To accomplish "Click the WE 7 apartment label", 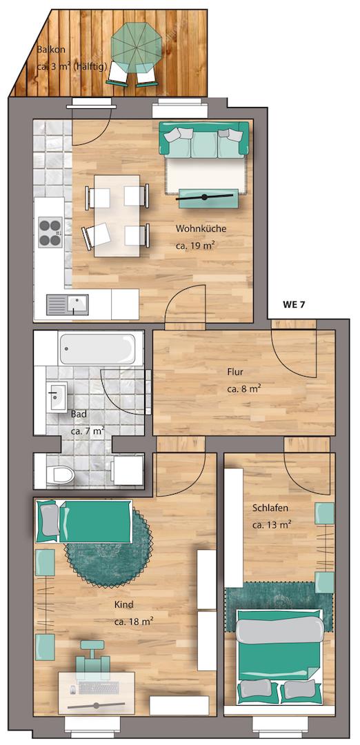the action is (x=294, y=305).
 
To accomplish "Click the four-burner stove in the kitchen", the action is (x=50, y=232).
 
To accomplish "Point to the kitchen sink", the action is (x=68, y=305).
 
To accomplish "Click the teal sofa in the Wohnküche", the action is (x=203, y=139).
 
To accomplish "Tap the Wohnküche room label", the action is (x=201, y=229).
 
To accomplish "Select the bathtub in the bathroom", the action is (x=101, y=348).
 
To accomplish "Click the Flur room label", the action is (x=235, y=372).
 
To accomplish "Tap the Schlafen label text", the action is (x=270, y=508).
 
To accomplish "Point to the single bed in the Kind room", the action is (x=84, y=521).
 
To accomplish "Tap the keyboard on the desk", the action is (x=99, y=688).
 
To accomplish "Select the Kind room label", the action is (x=123, y=605).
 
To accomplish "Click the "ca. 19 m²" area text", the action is (x=196, y=246).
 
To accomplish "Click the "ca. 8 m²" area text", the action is (x=244, y=388).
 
